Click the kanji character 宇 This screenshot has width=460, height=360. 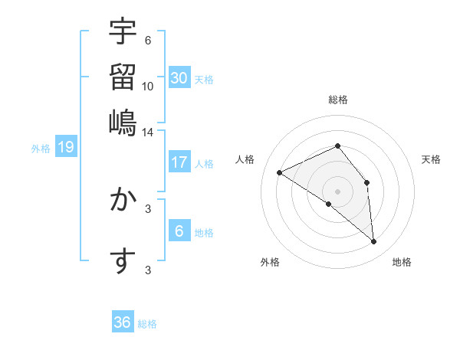coord(123,31)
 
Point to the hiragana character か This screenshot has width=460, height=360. coord(123,201)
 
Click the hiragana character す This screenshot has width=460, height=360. coord(123,261)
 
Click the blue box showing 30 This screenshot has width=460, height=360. coord(179,77)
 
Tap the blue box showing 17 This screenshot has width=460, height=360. coord(179,162)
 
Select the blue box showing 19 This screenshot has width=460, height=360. coord(66,147)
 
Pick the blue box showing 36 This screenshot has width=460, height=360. coord(122,322)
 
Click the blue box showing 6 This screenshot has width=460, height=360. coord(179,231)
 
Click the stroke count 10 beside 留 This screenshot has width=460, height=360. coord(148,86)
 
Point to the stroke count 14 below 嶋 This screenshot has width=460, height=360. coord(148,132)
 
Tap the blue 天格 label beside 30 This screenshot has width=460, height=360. coord(204,79)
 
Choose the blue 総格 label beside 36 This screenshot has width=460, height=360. coord(147,324)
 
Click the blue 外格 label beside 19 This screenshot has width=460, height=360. coord(41,149)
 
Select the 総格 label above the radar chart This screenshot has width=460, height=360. coord(337,100)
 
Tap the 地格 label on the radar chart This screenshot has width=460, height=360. coord(402,262)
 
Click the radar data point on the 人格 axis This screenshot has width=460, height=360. coord(280,172)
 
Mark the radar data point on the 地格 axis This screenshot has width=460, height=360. coord(373,242)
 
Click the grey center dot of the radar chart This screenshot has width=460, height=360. coord(337,191)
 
